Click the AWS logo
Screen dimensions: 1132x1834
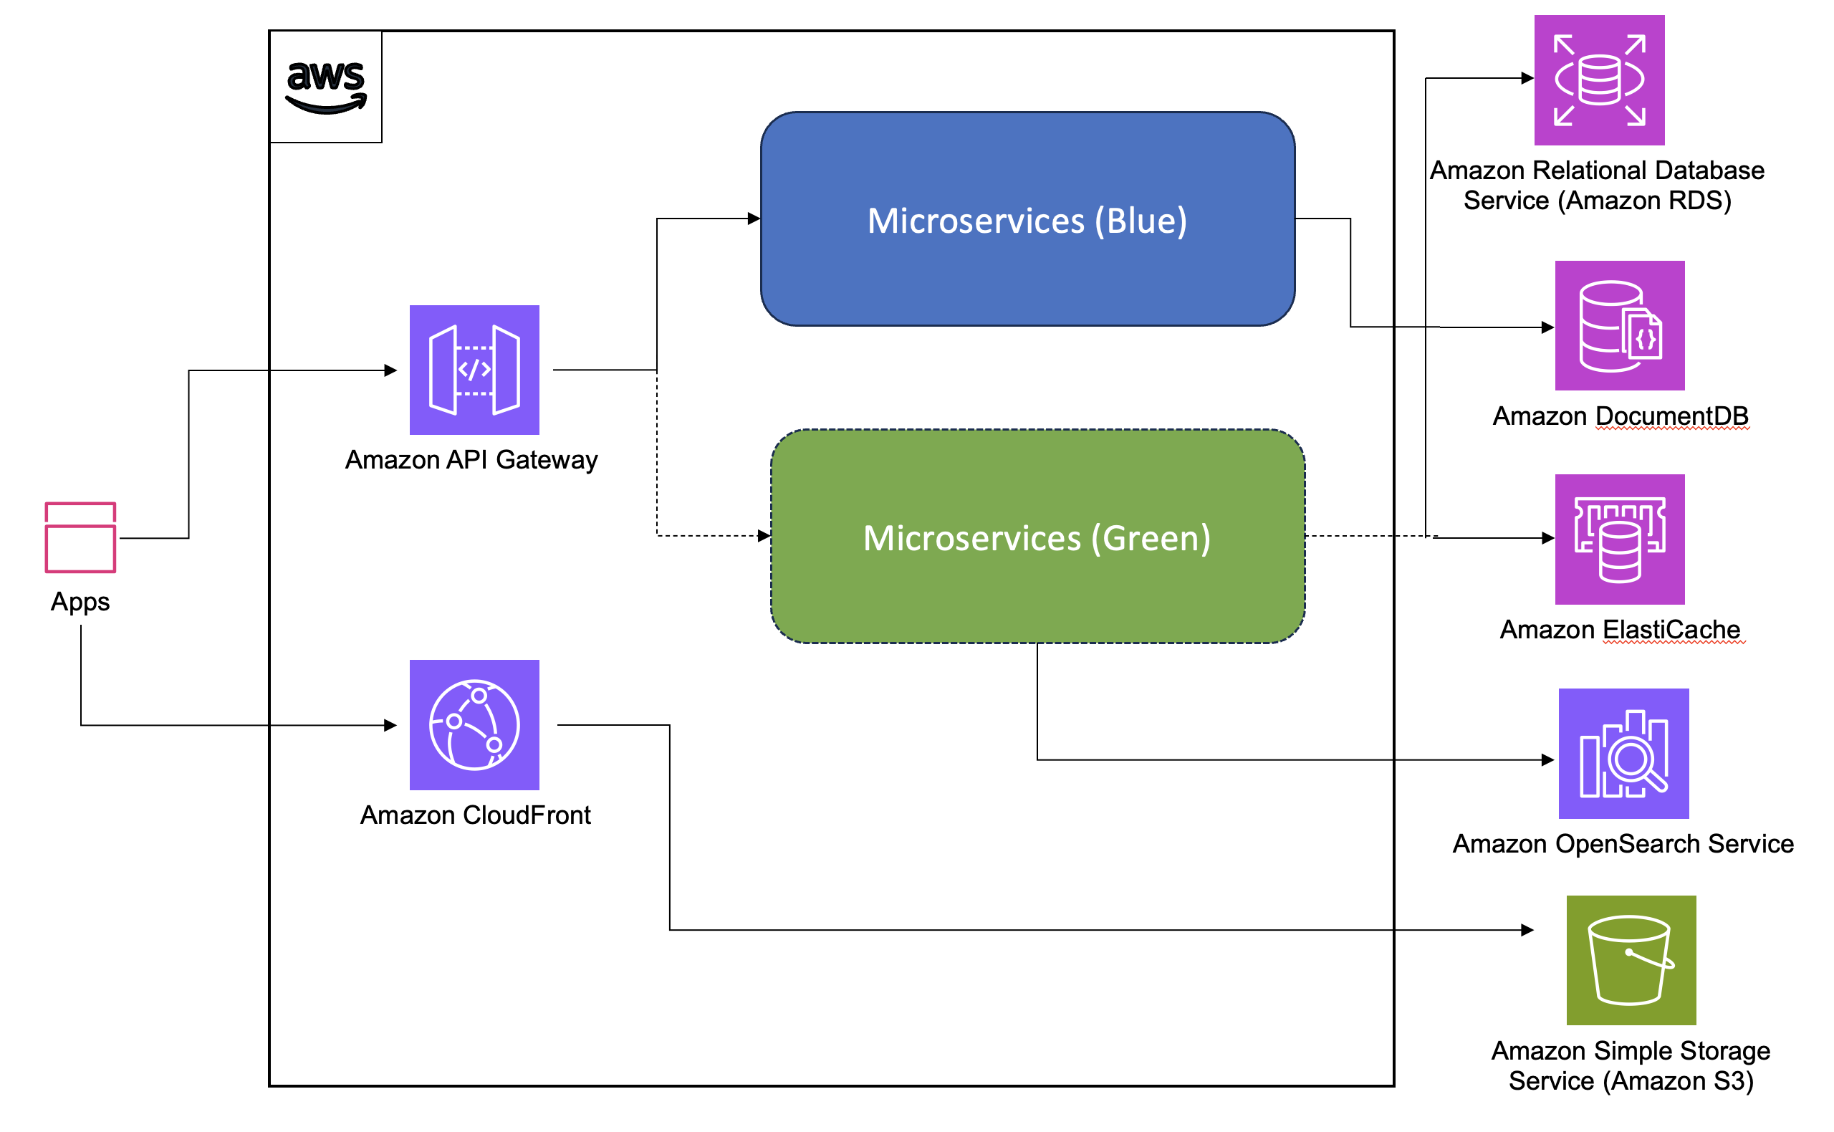point(327,87)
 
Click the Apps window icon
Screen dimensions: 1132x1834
point(80,538)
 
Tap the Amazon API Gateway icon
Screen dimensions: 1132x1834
point(474,370)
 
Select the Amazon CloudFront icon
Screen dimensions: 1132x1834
point(474,725)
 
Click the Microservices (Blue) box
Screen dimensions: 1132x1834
point(1028,219)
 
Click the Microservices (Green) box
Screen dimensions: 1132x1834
point(1037,537)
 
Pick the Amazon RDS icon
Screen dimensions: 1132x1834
point(1600,80)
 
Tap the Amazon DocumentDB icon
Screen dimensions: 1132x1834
point(1620,326)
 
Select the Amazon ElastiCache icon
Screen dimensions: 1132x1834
point(1620,539)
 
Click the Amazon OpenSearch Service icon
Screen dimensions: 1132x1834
point(1623,754)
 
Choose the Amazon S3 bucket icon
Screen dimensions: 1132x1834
point(1631,961)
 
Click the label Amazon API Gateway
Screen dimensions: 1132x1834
point(471,460)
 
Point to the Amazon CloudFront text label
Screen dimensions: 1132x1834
point(476,815)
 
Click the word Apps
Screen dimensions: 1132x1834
point(80,602)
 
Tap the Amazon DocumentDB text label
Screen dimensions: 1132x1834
point(1621,416)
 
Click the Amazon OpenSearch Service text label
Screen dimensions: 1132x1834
point(1623,845)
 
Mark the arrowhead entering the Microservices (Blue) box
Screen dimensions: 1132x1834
point(754,219)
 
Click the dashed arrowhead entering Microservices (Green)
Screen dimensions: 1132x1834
point(764,536)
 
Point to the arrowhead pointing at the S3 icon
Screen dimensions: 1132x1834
point(1528,931)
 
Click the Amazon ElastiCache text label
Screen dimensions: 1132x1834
point(1620,630)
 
